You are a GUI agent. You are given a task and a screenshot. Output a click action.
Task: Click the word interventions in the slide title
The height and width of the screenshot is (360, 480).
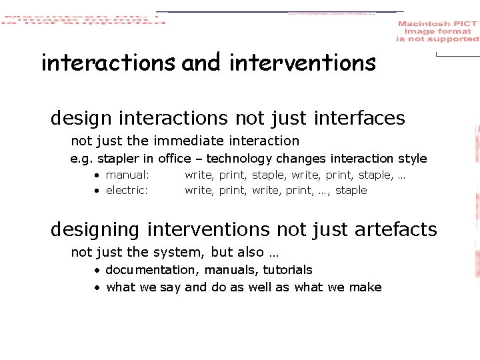point(303,63)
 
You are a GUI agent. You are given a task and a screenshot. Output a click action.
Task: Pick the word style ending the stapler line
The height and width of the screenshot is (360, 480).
point(412,159)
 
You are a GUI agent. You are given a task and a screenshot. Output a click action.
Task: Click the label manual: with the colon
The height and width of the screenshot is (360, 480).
point(127,175)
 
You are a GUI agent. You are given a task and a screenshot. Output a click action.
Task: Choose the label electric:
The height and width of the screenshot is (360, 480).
point(127,190)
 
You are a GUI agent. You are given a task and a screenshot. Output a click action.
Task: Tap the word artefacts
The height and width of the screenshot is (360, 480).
point(395,230)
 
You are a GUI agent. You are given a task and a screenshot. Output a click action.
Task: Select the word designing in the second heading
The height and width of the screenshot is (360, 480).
point(95,230)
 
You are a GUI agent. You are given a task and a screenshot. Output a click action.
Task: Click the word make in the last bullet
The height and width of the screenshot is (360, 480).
point(366,287)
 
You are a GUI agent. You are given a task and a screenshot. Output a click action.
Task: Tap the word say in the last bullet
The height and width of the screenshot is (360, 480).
point(170,287)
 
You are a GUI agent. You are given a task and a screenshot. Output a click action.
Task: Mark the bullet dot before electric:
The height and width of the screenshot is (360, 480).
point(97,191)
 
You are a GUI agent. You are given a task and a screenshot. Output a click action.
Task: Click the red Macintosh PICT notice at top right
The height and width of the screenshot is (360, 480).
point(437,31)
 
